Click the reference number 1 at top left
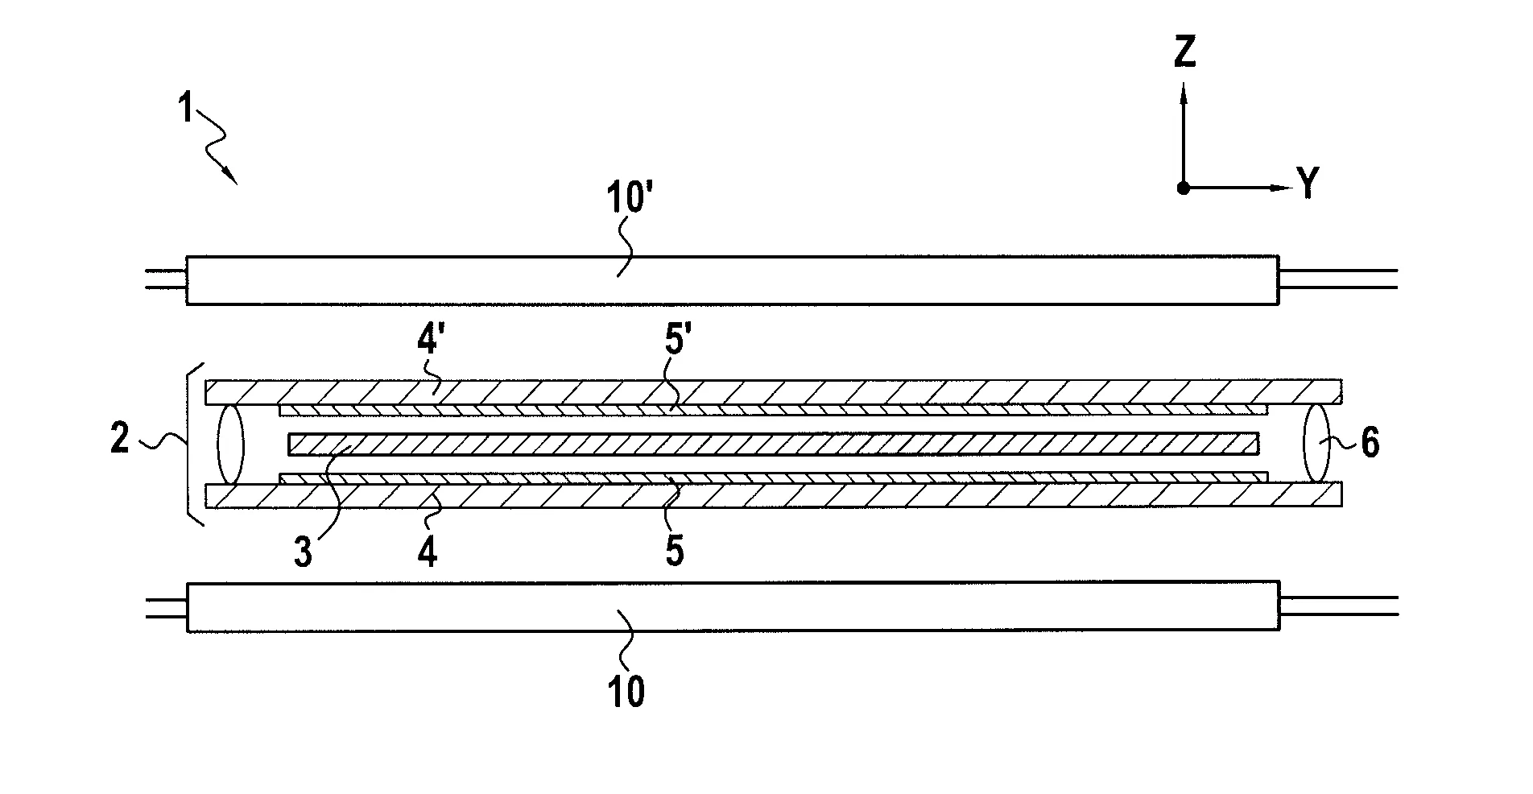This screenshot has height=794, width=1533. (x=186, y=107)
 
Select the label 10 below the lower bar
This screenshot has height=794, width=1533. (x=626, y=691)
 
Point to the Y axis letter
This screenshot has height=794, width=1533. (x=1308, y=184)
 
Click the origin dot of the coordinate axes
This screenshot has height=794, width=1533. (x=1183, y=188)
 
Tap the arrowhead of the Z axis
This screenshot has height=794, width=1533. (x=1184, y=95)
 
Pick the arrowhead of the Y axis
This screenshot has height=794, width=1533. (x=1279, y=188)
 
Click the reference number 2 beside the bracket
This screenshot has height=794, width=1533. (x=120, y=440)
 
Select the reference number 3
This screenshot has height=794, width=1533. (x=303, y=553)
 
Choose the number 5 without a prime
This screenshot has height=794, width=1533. (x=674, y=552)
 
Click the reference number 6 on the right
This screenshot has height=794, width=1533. (x=1370, y=443)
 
